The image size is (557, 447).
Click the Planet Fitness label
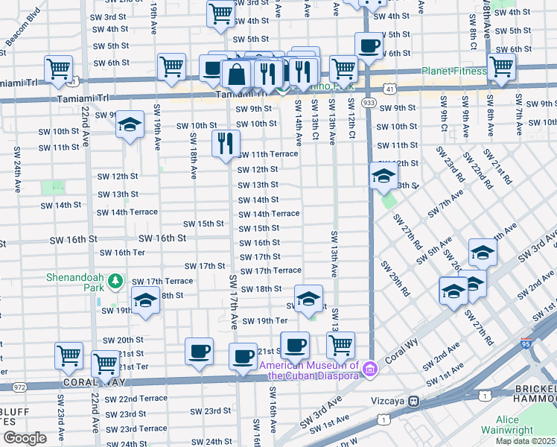[453, 72]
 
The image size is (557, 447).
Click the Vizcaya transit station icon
[412, 400]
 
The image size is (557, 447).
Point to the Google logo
[24, 438]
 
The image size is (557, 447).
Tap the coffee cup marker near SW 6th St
[369, 46]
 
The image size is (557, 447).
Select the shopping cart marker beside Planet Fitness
[502, 66]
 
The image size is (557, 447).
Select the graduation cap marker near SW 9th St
[130, 124]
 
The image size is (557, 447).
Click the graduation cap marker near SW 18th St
[308, 299]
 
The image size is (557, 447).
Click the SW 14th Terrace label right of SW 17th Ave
[269, 214]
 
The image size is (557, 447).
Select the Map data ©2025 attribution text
[526, 441]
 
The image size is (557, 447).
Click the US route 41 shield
[390, 89]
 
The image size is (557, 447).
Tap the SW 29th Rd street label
[395, 279]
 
